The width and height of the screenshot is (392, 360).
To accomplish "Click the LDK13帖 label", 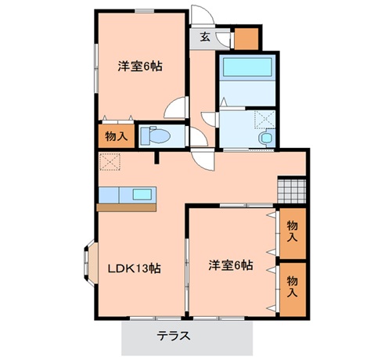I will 135,268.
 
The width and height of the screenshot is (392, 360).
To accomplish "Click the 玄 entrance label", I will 204,36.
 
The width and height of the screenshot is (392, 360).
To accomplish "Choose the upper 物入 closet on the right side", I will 293,229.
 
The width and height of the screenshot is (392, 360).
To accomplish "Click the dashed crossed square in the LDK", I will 109,161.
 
